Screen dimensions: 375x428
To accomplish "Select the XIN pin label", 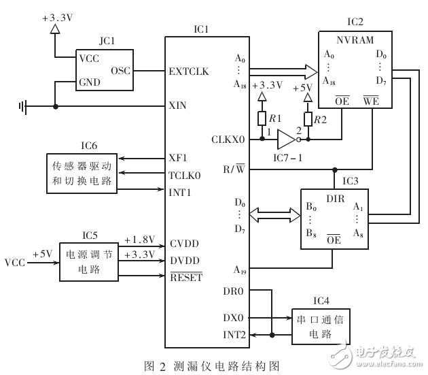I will coord(177,106).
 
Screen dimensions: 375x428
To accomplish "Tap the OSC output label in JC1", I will coord(120,70).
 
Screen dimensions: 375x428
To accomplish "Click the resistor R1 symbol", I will coord(262,119).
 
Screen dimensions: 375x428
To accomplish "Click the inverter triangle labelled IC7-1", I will coord(286,140).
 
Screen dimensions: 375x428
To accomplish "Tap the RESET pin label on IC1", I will coord(185,277).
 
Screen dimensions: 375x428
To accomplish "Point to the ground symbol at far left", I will coord(24,106).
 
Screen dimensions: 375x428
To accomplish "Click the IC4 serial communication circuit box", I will coord(317,323).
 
